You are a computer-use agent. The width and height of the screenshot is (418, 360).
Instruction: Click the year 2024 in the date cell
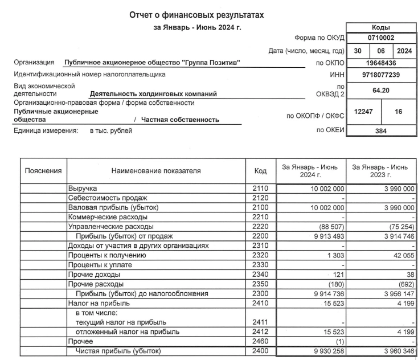[404, 51]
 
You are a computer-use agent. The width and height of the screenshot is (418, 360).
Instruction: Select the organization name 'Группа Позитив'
[151, 63]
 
